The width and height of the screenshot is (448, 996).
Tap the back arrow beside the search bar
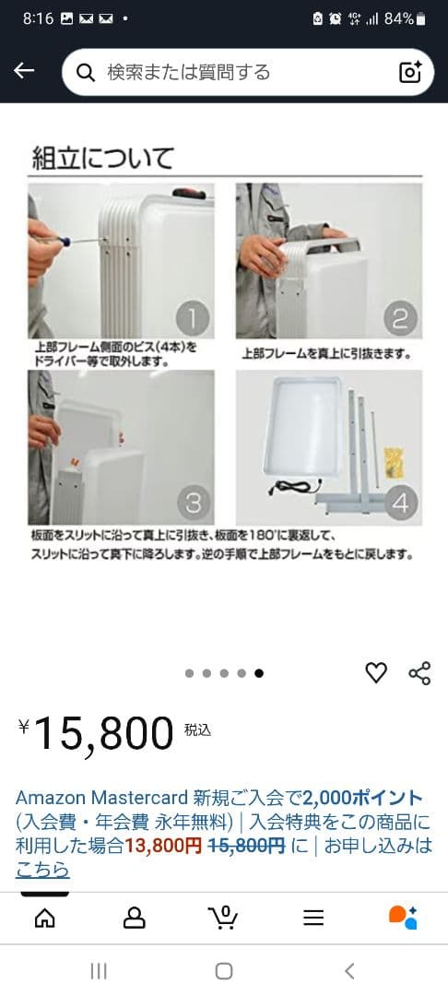coord(24,72)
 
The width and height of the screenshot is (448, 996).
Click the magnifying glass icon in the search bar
coord(86,73)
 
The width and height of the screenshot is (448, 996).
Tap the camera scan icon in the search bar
coord(410,73)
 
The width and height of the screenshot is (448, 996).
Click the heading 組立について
coord(102,157)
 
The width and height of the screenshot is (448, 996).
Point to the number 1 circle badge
coord(193,319)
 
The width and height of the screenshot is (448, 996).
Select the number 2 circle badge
coord(400,319)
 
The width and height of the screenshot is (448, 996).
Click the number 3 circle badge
coord(193,503)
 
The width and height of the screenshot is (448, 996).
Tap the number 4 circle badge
coord(400,503)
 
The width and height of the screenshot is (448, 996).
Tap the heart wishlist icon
coord(376,673)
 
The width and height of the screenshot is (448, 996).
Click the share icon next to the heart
coord(419,673)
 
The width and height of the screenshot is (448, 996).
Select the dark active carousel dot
coord(259,673)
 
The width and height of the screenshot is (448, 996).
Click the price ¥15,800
coord(96,734)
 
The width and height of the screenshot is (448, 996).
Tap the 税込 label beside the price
coord(197,729)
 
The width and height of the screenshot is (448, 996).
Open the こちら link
coord(42,870)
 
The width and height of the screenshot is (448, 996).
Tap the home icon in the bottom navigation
coord(44,918)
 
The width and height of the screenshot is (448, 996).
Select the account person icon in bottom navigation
coord(135,918)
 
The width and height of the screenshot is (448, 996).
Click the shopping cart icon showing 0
coord(223,918)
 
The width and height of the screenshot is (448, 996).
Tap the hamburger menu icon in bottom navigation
coord(313,918)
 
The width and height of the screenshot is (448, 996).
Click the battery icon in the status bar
coord(421,18)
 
